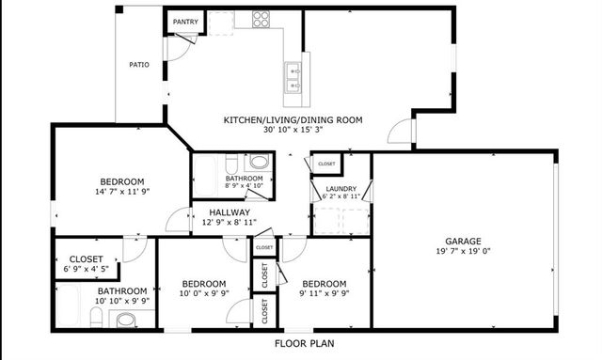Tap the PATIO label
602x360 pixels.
[x=140, y=65]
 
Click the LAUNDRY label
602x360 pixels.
[x=340, y=189]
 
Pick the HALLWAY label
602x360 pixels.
[x=230, y=213]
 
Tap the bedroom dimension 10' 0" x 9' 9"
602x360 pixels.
[x=203, y=294]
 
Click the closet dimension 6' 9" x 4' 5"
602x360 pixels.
[x=87, y=269]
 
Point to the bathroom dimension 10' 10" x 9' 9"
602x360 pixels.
[x=122, y=302]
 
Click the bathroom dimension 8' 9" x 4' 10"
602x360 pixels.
[x=243, y=186]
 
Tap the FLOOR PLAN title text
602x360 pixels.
[x=304, y=344]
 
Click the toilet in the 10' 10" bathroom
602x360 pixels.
[x=125, y=321]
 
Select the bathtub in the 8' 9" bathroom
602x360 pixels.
[x=210, y=175]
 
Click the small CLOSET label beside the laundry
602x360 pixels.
[x=326, y=164]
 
